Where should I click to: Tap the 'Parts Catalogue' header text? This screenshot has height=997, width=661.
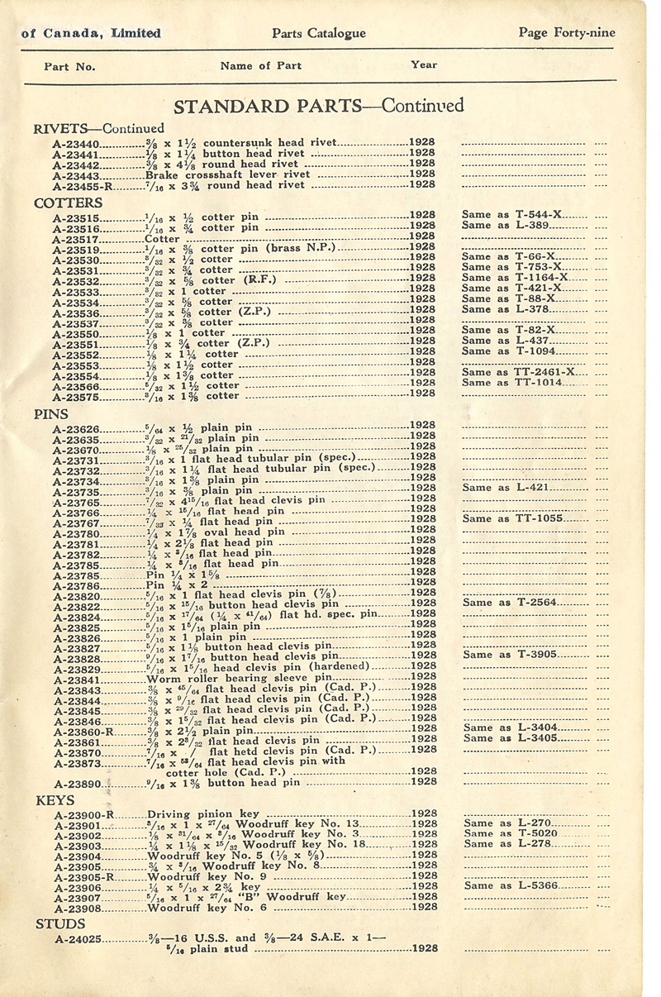(x=318, y=33)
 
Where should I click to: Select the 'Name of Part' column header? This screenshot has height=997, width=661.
(x=261, y=66)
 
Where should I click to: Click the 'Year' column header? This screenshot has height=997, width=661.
(x=424, y=64)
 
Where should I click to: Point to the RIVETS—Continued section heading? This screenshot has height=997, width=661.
(x=98, y=128)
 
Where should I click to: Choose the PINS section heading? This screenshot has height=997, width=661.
(x=51, y=413)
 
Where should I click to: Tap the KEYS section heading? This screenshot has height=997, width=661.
(x=55, y=800)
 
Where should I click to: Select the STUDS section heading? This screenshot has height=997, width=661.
(x=59, y=923)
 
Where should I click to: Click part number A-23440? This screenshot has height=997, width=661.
(x=76, y=143)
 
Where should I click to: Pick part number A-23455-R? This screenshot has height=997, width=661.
(x=82, y=186)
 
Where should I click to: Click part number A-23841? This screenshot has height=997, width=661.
(x=78, y=677)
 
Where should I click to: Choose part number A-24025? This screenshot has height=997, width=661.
(x=78, y=939)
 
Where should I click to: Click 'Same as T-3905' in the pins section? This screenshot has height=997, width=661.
(x=511, y=655)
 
